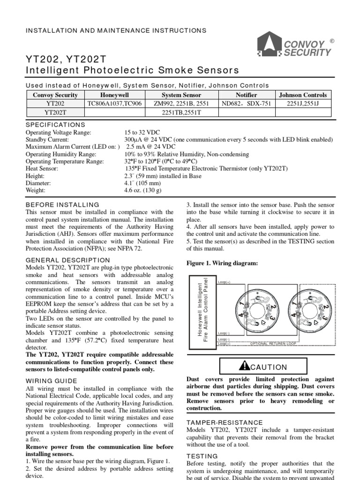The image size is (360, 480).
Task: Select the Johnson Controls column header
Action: pos(302,95)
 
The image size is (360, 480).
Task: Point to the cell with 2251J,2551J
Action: pos(302,104)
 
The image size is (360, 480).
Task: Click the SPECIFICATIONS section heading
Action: pos(55,125)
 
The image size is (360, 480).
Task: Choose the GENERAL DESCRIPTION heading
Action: pos(68,260)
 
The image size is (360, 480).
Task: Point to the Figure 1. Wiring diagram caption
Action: pos(222,263)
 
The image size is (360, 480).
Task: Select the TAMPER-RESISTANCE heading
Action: pos(225,422)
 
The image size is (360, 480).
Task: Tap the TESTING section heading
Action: pos(202,456)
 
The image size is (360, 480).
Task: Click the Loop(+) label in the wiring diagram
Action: pos(225,282)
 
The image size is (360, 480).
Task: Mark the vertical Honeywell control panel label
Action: pos(204,313)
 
